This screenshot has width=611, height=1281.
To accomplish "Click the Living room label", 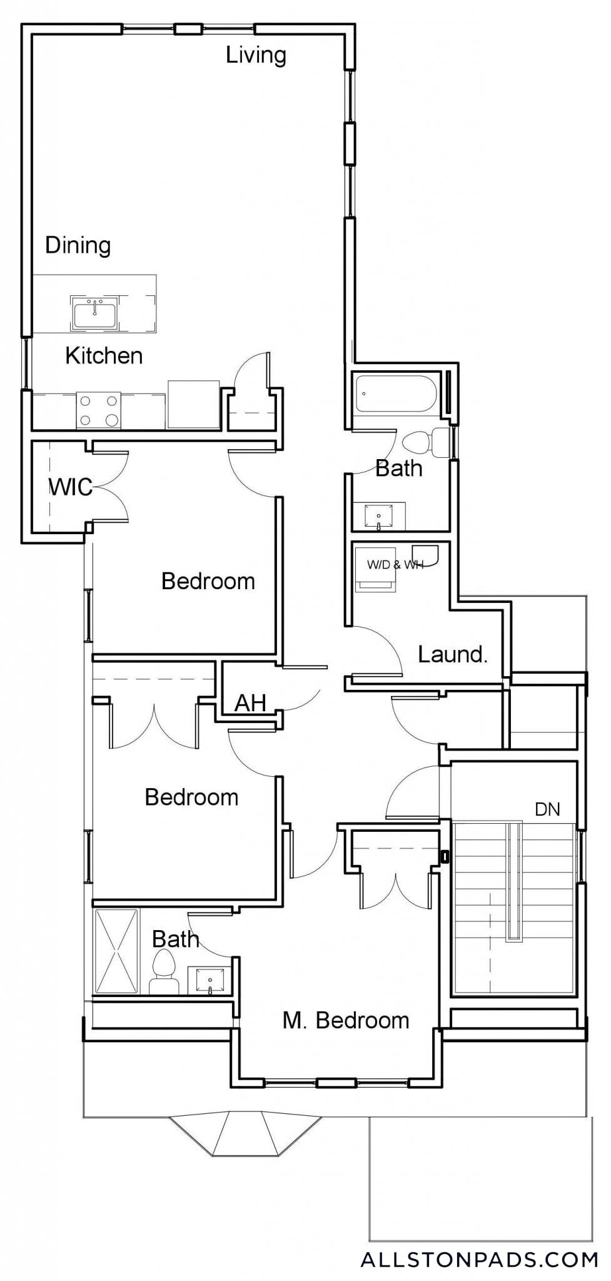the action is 256,56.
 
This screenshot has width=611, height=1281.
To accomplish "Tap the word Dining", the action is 78,245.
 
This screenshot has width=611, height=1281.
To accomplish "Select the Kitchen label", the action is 104,356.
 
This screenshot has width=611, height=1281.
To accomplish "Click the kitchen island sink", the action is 94,313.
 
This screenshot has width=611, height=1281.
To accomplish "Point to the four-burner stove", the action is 99,410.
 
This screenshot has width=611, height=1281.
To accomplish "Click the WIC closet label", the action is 71,487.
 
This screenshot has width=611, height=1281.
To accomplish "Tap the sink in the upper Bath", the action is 379,517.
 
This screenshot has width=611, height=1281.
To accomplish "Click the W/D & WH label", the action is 395,565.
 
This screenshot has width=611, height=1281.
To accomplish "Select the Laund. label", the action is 453,655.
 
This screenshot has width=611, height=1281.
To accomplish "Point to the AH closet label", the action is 250,703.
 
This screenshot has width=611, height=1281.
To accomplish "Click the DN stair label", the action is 547,809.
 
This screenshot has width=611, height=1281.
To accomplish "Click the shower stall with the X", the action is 116,951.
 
